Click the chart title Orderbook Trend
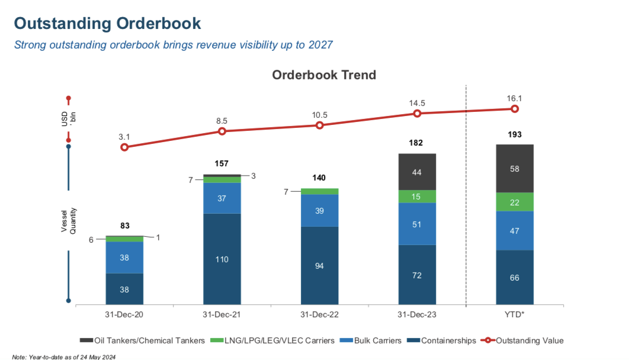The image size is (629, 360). (x=323, y=75)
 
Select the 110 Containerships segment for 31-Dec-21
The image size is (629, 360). (x=222, y=259)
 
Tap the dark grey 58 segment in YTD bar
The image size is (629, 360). (x=515, y=169)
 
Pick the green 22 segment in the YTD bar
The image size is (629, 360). (x=515, y=202)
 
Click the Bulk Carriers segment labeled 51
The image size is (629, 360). (x=417, y=224)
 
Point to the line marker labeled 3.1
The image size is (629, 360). (x=124, y=147)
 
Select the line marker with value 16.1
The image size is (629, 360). (x=515, y=109)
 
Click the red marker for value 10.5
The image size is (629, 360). (x=320, y=126)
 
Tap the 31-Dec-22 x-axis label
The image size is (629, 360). (x=320, y=314)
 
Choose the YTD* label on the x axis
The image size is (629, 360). (x=515, y=314)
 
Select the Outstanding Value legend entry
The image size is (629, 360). (x=521, y=340)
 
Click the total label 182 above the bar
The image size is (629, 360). (x=417, y=143)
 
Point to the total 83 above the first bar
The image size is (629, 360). (x=124, y=226)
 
